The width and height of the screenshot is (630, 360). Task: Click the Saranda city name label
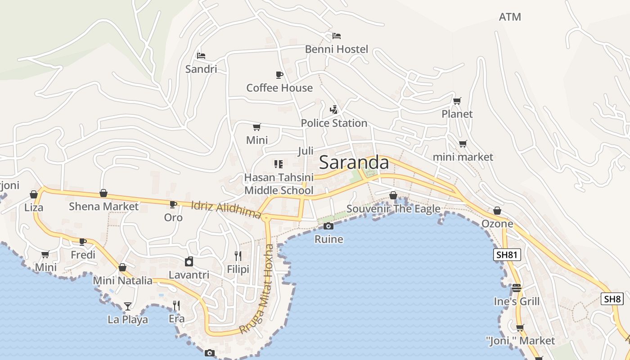[354, 163]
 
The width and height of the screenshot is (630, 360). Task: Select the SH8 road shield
[612, 299]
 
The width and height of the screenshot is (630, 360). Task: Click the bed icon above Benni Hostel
[337, 36]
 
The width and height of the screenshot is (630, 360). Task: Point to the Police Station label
[334, 123]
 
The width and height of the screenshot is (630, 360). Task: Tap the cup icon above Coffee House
[279, 74]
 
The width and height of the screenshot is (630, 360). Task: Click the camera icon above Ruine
[328, 226]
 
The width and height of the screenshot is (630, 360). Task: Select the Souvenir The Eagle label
[393, 209]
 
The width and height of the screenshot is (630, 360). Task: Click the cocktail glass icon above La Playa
[128, 306]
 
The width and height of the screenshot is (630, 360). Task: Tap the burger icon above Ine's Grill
[516, 288]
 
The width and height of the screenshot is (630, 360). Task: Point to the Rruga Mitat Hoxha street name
[256, 289]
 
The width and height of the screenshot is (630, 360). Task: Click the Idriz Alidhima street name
[226, 209]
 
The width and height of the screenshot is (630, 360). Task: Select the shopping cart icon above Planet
[457, 101]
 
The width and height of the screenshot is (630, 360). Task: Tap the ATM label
[510, 17]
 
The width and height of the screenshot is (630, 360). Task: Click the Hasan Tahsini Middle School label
[279, 184]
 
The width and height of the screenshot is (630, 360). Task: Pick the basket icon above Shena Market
[103, 193]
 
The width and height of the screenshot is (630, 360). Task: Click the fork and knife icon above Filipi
[238, 256]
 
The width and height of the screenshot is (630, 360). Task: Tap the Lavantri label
[189, 274]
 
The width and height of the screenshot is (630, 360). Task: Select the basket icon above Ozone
[497, 211]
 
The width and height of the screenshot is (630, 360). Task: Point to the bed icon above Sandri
[201, 56]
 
